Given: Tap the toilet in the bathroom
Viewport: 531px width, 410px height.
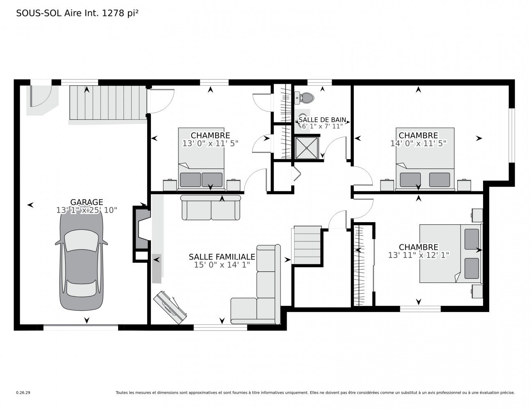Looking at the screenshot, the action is [x=304, y=98].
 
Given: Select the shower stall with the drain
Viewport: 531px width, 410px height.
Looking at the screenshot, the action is [x=307, y=148].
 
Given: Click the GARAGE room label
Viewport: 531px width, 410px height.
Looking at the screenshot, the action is [x=87, y=202].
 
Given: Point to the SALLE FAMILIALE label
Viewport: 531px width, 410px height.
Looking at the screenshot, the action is [x=222, y=257].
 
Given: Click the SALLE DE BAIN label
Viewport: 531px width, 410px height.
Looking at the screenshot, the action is [x=322, y=120].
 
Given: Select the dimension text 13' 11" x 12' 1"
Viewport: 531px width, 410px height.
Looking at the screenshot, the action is [x=419, y=255].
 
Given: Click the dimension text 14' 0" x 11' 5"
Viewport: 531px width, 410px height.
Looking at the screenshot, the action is [x=418, y=143].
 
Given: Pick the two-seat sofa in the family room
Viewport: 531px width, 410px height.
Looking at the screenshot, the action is [x=211, y=207].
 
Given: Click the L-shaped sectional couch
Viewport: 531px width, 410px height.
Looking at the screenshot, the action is [x=256, y=285].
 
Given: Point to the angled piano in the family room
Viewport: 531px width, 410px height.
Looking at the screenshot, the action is [x=170, y=307].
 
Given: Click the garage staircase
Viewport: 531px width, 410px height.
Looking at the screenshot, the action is [x=108, y=102].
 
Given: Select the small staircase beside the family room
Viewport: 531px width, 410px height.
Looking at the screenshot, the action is [x=307, y=245].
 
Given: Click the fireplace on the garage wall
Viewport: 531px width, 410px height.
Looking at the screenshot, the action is [x=141, y=234].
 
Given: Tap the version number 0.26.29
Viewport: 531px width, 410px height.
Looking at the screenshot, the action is [x=23, y=393].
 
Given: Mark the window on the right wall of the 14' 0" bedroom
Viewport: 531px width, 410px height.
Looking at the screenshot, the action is [x=512, y=135].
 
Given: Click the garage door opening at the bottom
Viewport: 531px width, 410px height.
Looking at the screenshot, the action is [x=81, y=328].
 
